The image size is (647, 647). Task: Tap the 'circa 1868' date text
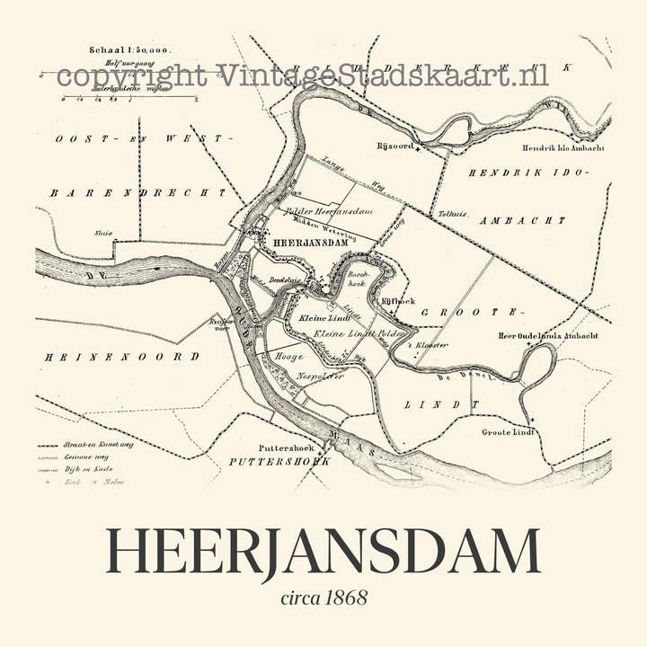tap(323, 598)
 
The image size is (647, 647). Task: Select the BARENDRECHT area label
tap(138, 192)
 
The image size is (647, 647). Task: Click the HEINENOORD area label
tap(122, 357)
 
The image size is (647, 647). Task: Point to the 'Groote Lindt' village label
tap(508, 432)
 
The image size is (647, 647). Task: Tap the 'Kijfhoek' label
tap(396, 303)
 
